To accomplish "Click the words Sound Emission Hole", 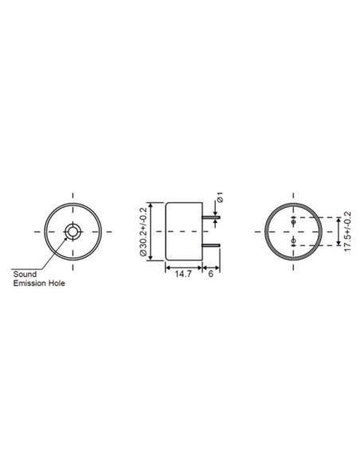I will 38,278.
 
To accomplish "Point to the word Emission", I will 32,283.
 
